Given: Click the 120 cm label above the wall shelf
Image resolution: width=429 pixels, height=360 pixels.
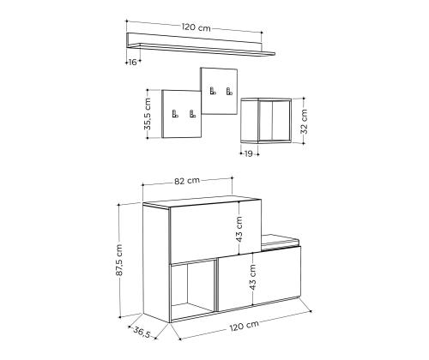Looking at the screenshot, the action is (196, 27).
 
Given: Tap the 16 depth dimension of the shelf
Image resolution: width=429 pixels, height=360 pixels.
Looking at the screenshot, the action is (132, 62).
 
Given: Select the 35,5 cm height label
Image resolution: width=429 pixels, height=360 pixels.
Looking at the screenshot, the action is (148, 114).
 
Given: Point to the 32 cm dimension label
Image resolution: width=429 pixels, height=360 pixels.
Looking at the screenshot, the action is (305, 122).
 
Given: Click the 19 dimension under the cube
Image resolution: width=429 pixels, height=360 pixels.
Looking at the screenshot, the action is (248, 153).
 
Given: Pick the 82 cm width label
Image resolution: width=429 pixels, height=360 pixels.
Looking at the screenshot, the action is (187, 181).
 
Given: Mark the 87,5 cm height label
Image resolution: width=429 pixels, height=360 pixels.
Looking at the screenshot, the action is (119, 260).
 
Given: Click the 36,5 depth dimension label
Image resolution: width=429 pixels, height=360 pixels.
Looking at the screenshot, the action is (142, 333).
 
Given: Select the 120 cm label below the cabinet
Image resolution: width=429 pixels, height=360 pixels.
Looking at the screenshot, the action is (245, 326).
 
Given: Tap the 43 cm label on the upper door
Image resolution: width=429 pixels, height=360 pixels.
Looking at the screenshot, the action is (239, 230).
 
